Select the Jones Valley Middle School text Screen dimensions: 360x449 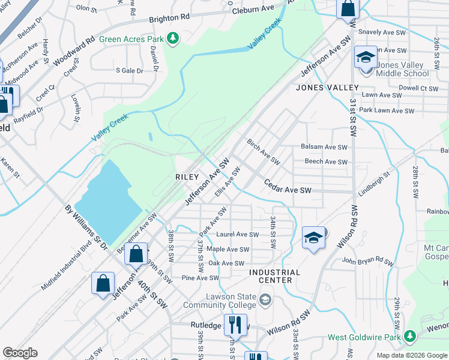(403, 69)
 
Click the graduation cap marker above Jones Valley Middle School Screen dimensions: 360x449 (366, 58)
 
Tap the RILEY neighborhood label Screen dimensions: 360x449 (186, 177)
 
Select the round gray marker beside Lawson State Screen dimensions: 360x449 (265, 298)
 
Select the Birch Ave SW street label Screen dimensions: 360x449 (264, 152)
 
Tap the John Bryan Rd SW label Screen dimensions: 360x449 (367, 262)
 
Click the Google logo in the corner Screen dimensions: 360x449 (20, 353)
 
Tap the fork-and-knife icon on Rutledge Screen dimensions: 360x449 (235, 326)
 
